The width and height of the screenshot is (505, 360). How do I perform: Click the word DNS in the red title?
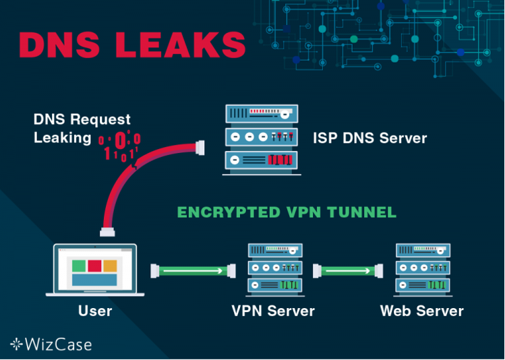pos(59,44)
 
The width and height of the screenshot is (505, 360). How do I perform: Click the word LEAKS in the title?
pos(181,44)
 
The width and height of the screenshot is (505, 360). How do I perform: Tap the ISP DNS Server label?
pos(369,138)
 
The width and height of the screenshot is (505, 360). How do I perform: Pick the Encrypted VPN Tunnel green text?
pos(287,212)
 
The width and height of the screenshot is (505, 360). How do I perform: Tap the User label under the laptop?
pos(94,311)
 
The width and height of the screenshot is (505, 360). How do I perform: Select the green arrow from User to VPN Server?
pos(192,271)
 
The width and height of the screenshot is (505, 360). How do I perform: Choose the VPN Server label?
pos(273,311)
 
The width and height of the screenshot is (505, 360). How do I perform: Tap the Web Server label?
pos(422,311)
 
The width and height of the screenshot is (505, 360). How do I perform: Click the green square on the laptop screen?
pos(79,266)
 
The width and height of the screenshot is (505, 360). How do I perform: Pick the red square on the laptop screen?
pos(94,266)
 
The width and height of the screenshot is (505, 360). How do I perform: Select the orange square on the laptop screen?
pos(110,266)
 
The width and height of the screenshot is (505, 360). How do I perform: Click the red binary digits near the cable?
pos(120,146)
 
